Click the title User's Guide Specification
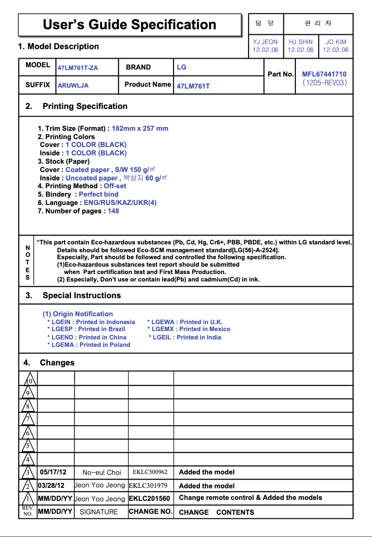pyautogui.click(x=129, y=25)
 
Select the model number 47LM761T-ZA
pyautogui.click(x=77, y=68)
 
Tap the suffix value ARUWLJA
pyautogui.click(x=73, y=85)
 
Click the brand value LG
pyautogui.click(x=181, y=67)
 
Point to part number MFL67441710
pyautogui.click(x=324, y=74)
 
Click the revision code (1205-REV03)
pyautogui.click(x=324, y=83)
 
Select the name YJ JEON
pyautogui.click(x=265, y=42)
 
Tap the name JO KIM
pyautogui.click(x=336, y=42)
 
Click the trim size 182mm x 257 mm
pyautogui.click(x=140, y=128)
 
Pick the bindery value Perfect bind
pyautogui.click(x=98, y=194)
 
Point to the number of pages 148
pyautogui.click(x=113, y=211)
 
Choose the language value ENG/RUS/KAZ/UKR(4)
pyautogui.click(x=120, y=203)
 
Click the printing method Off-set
pyautogui.click(x=115, y=186)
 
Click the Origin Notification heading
pyautogui.click(x=78, y=314)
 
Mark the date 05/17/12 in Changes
pyautogui.click(x=53, y=472)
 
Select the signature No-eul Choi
pyautogui.click(x=102, y=473)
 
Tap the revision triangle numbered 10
pyautogui.click(x=29, y=381)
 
